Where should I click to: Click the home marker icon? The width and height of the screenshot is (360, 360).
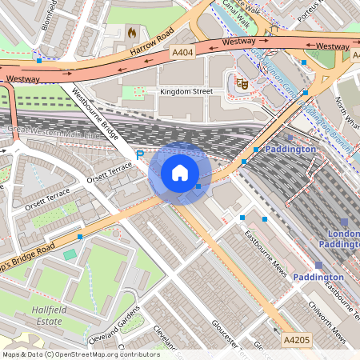(x=180, y=173)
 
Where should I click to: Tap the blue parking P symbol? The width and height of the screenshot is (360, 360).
(x=139, y=154)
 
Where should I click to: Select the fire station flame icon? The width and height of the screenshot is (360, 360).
(x=131, y=34)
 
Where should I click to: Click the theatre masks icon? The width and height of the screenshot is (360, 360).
(x=241, y=82)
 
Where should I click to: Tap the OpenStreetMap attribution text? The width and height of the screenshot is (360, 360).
(x=80, y=354)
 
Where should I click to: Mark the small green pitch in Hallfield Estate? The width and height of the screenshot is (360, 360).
(x=70, y=254)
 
